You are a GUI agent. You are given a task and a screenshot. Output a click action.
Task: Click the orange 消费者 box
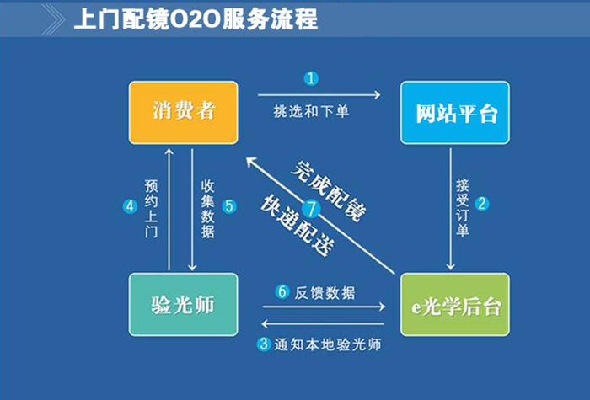[x=182, y=112]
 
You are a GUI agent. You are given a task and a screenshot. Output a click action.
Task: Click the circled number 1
[x=312, y=79]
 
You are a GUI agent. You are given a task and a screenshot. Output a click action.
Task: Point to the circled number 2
[x=482, y=204]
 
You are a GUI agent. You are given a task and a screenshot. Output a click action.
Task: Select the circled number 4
[x=130, y=205]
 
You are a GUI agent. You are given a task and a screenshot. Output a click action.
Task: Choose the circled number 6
[x=282, y=293]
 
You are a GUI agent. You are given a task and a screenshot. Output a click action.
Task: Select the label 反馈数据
[x=325, y=293]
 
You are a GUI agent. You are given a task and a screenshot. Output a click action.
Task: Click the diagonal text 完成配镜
[x=329, y=188]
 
